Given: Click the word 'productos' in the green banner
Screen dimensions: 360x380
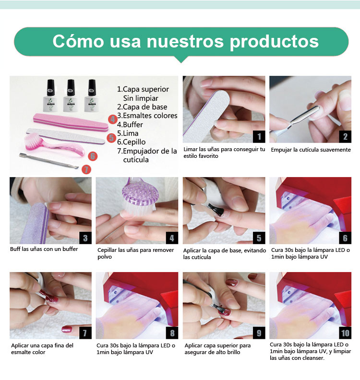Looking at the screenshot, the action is click(x=274, y=42).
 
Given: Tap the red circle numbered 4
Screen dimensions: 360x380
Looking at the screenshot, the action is click(x=113, y=119).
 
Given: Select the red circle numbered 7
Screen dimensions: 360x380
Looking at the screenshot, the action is click(x=86, y=169).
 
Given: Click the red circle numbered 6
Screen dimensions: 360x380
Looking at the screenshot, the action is click(x=93, y=156).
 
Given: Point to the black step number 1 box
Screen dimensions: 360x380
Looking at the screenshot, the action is click(x=259, y=137).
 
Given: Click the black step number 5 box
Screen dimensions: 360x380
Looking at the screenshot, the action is click(x=259, y=238).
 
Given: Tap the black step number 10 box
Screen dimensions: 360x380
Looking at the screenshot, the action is click(x=345, y=333).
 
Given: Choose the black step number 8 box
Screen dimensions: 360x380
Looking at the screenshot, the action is click(x=172, y=333).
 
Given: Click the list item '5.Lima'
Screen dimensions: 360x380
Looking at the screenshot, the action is click(x=128, y=133).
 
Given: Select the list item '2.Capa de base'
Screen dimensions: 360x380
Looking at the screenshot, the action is click(x=142, y=107).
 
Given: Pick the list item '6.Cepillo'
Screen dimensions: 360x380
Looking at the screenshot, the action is click(x=132, y=142).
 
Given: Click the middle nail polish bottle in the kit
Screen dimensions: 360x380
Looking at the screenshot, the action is click(x=70, y=96).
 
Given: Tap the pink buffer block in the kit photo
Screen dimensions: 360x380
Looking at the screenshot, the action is click(x=71, y=122).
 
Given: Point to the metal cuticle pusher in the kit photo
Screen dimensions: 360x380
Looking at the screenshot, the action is click(x=49, y=161).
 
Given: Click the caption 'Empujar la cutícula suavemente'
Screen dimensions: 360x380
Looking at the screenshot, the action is click(x=311, y=150).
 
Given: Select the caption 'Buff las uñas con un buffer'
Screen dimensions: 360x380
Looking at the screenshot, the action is click(x=44, y=249).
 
